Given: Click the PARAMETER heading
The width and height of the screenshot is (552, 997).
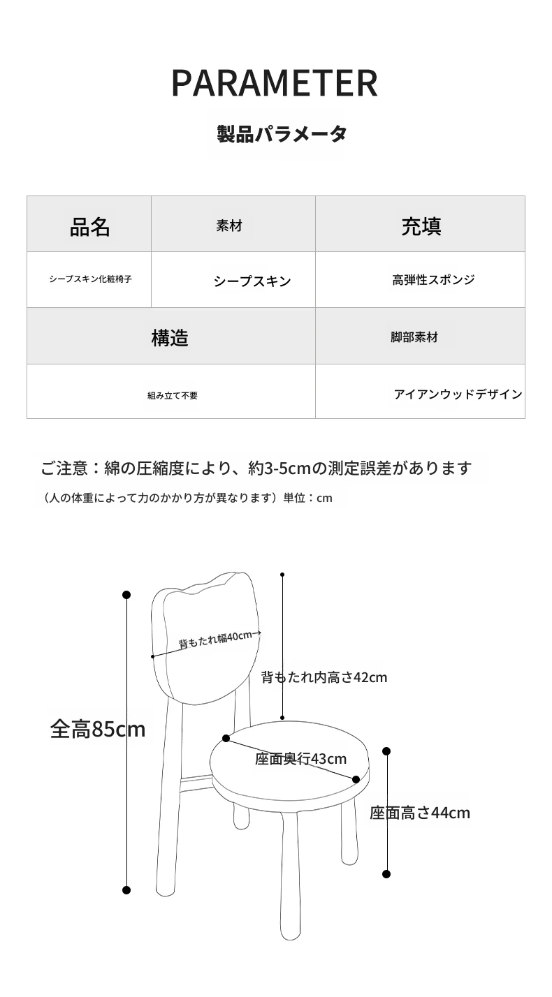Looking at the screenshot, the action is pos(275,83).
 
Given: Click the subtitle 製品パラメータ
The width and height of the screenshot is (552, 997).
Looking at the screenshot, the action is pos(282,133).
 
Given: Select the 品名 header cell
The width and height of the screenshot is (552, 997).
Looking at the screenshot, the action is pos(89,224).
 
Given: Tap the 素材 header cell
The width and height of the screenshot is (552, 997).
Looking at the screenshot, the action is pos(233,224).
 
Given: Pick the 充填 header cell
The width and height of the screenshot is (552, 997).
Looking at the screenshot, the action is pos(420,224).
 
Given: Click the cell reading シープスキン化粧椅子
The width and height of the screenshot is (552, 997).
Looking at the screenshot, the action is pos(89,279).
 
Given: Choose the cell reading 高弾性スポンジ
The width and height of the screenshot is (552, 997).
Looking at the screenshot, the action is pos(420,279).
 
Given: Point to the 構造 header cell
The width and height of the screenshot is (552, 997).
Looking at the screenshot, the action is pos(171,336).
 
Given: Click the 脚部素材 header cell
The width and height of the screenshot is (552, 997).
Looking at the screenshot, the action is pos(420,336).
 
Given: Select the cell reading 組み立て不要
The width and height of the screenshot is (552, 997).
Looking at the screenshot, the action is pos(171,391).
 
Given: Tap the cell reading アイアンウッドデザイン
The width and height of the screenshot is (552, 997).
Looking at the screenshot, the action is pos(420,391).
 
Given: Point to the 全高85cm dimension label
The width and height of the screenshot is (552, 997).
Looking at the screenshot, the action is pos(98,730).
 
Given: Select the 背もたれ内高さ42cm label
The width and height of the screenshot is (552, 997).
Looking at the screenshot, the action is pos(324,677).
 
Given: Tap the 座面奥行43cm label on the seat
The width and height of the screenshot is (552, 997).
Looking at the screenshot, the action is pos(300,758).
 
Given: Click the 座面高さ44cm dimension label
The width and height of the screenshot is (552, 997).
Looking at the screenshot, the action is pos(420,813).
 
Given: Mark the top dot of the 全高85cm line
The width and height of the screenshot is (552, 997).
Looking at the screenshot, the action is pos(126,595).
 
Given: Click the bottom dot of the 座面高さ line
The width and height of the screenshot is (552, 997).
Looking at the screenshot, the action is pos(386,874).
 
